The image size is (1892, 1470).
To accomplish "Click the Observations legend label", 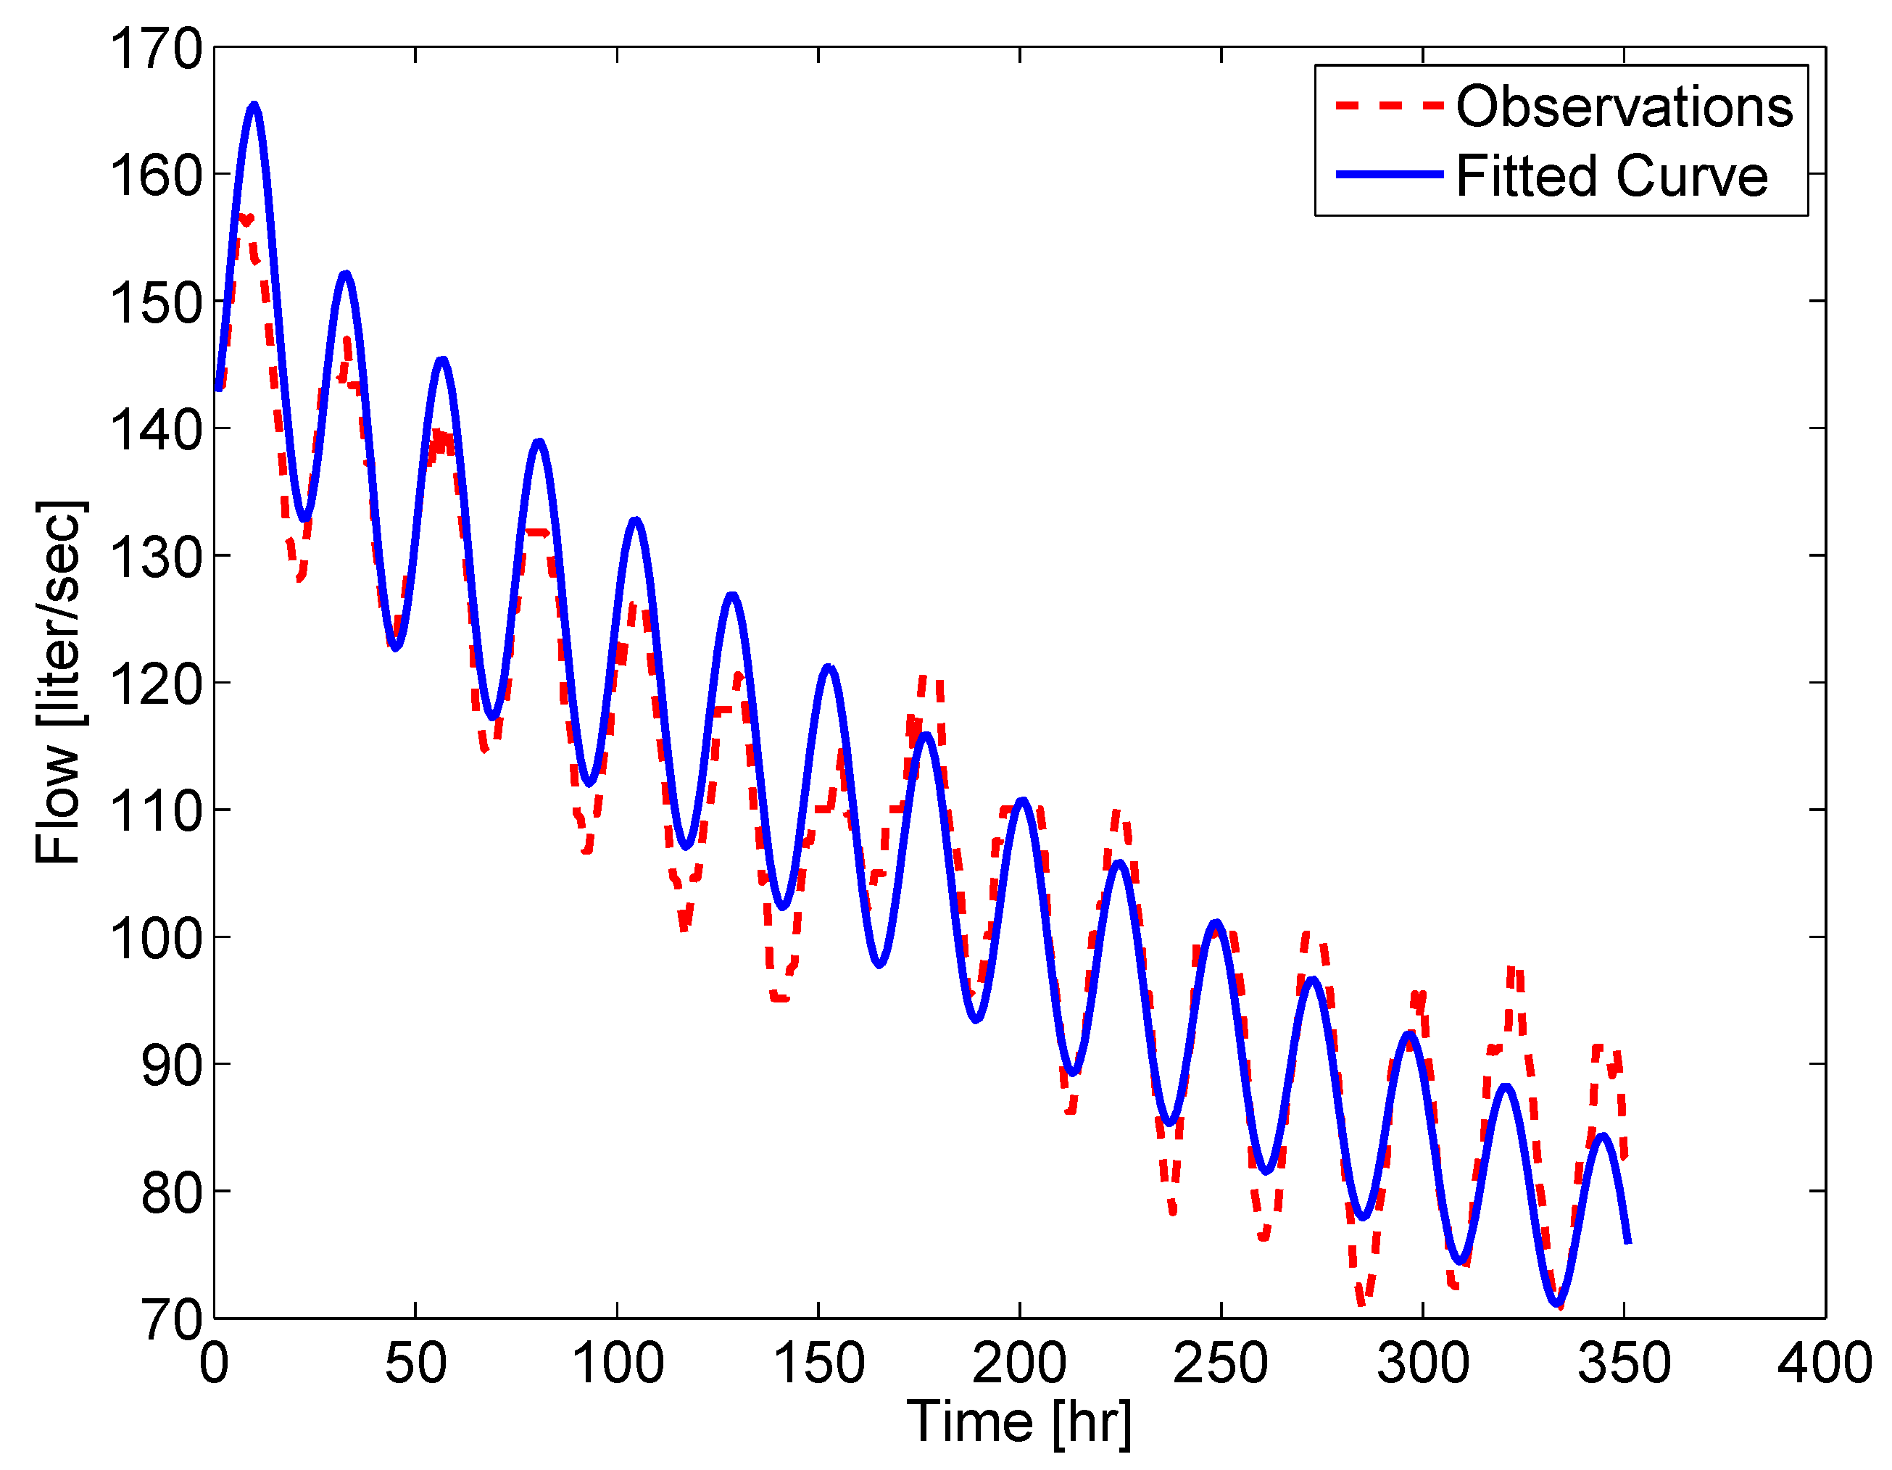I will (1625, 107).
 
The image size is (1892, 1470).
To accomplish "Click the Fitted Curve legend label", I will (1611, 176).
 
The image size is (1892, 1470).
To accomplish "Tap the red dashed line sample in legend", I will (1389, 106).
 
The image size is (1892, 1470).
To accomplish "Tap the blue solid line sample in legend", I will (1389, 175).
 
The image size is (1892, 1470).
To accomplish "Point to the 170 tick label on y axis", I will (156, 49).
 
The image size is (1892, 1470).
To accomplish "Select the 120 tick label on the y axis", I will (156, 684).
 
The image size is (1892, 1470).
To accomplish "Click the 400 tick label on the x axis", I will (1825, 1363).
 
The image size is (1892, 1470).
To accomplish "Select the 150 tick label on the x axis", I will (818, 1363).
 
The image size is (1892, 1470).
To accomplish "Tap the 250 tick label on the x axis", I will (1221, 1363).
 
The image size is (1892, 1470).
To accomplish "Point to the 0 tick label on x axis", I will (214, 1363).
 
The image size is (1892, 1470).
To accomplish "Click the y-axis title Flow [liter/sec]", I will (59, 682).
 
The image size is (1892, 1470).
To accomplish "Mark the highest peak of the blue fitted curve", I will (254, 105).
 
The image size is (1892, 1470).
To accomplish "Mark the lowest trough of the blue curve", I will (1558, 1302).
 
